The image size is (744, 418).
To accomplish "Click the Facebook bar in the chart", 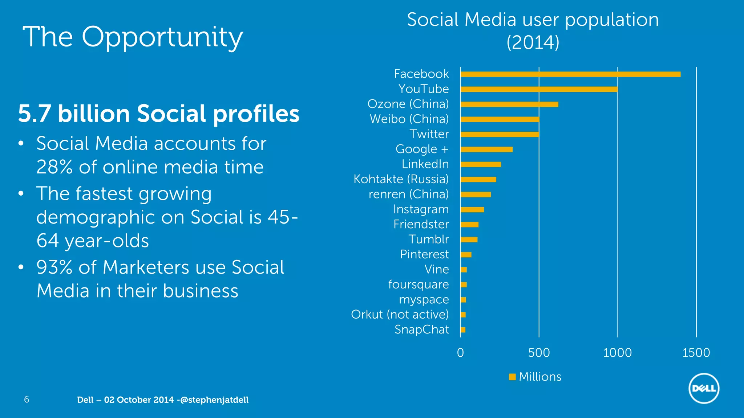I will point(570,74).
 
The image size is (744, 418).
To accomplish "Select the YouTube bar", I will point(539,89).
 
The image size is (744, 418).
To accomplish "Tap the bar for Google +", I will point(486,149).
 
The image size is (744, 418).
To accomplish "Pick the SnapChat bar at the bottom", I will point(463,330).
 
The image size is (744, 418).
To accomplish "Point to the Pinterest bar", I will point(466,255).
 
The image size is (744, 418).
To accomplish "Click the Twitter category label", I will point(429,134).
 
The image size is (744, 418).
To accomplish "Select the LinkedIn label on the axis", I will point(425,164).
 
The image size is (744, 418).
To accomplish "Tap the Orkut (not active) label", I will point(400,315).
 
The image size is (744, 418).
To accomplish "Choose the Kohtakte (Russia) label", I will point(401,179).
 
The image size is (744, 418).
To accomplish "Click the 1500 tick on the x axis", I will point(696,353).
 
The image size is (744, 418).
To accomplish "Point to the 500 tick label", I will point(539,353).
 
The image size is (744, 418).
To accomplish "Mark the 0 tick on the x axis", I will point(460,353).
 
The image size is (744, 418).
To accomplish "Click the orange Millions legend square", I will point(512,377).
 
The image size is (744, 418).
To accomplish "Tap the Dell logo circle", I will point(704,388).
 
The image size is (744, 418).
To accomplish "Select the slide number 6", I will point(27,399).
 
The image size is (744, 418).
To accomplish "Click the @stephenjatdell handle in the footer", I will point(214,400).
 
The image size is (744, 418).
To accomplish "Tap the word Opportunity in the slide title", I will point(162,37).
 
